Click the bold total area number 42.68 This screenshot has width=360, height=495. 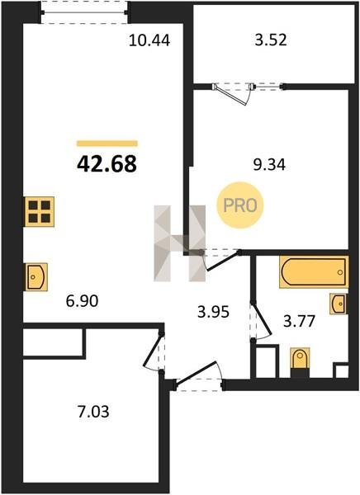107,164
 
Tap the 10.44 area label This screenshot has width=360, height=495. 149,40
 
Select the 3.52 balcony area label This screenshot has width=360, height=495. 271,40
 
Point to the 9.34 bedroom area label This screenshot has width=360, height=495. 270,164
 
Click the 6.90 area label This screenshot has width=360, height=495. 83,301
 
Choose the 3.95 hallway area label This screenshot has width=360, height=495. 213,312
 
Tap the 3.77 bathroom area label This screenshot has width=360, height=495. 300,322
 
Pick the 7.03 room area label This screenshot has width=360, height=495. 93,412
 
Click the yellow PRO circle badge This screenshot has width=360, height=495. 240,205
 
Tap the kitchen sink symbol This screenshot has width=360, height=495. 36,277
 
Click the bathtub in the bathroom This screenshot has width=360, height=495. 314,271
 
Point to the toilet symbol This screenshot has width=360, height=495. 300,362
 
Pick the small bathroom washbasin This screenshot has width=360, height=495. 339,304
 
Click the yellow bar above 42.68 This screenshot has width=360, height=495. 107,144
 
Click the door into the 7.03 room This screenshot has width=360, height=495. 154,351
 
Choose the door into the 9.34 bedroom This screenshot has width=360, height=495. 220,260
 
